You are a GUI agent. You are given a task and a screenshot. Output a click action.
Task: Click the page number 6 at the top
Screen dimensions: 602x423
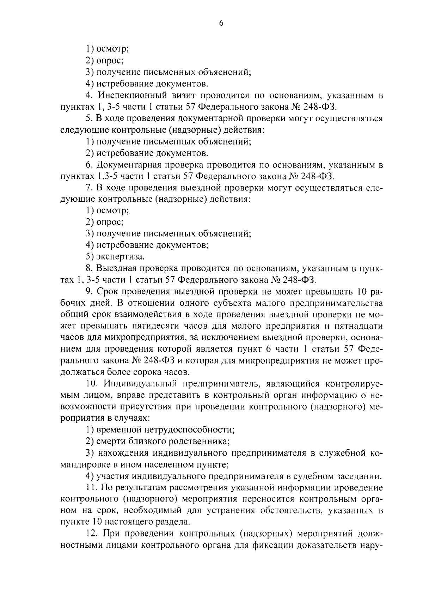coord(221,23)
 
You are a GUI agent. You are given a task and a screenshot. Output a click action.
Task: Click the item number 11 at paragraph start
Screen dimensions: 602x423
coord(90,488)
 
